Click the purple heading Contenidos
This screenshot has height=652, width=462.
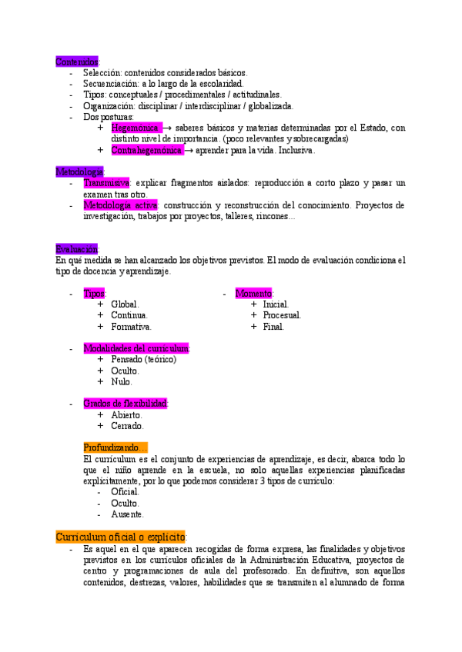77,61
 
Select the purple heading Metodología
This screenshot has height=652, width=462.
80,171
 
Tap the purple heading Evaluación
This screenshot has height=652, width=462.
77,249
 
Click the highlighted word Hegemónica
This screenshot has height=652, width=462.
136,128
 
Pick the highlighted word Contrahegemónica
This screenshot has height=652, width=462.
146,150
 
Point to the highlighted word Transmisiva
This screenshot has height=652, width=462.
107,183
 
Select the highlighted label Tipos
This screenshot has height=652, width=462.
95,294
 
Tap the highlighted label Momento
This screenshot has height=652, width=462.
254,294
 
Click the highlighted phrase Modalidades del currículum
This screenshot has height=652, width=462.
136,348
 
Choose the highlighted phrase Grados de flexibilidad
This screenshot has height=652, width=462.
126,404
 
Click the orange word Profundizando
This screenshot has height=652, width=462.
115,447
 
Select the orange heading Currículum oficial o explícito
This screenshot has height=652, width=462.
121,537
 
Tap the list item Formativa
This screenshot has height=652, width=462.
131,327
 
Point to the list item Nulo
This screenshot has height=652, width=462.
122,381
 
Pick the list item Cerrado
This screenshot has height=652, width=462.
127,426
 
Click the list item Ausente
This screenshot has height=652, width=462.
127,514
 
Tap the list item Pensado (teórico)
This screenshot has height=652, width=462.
143,359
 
